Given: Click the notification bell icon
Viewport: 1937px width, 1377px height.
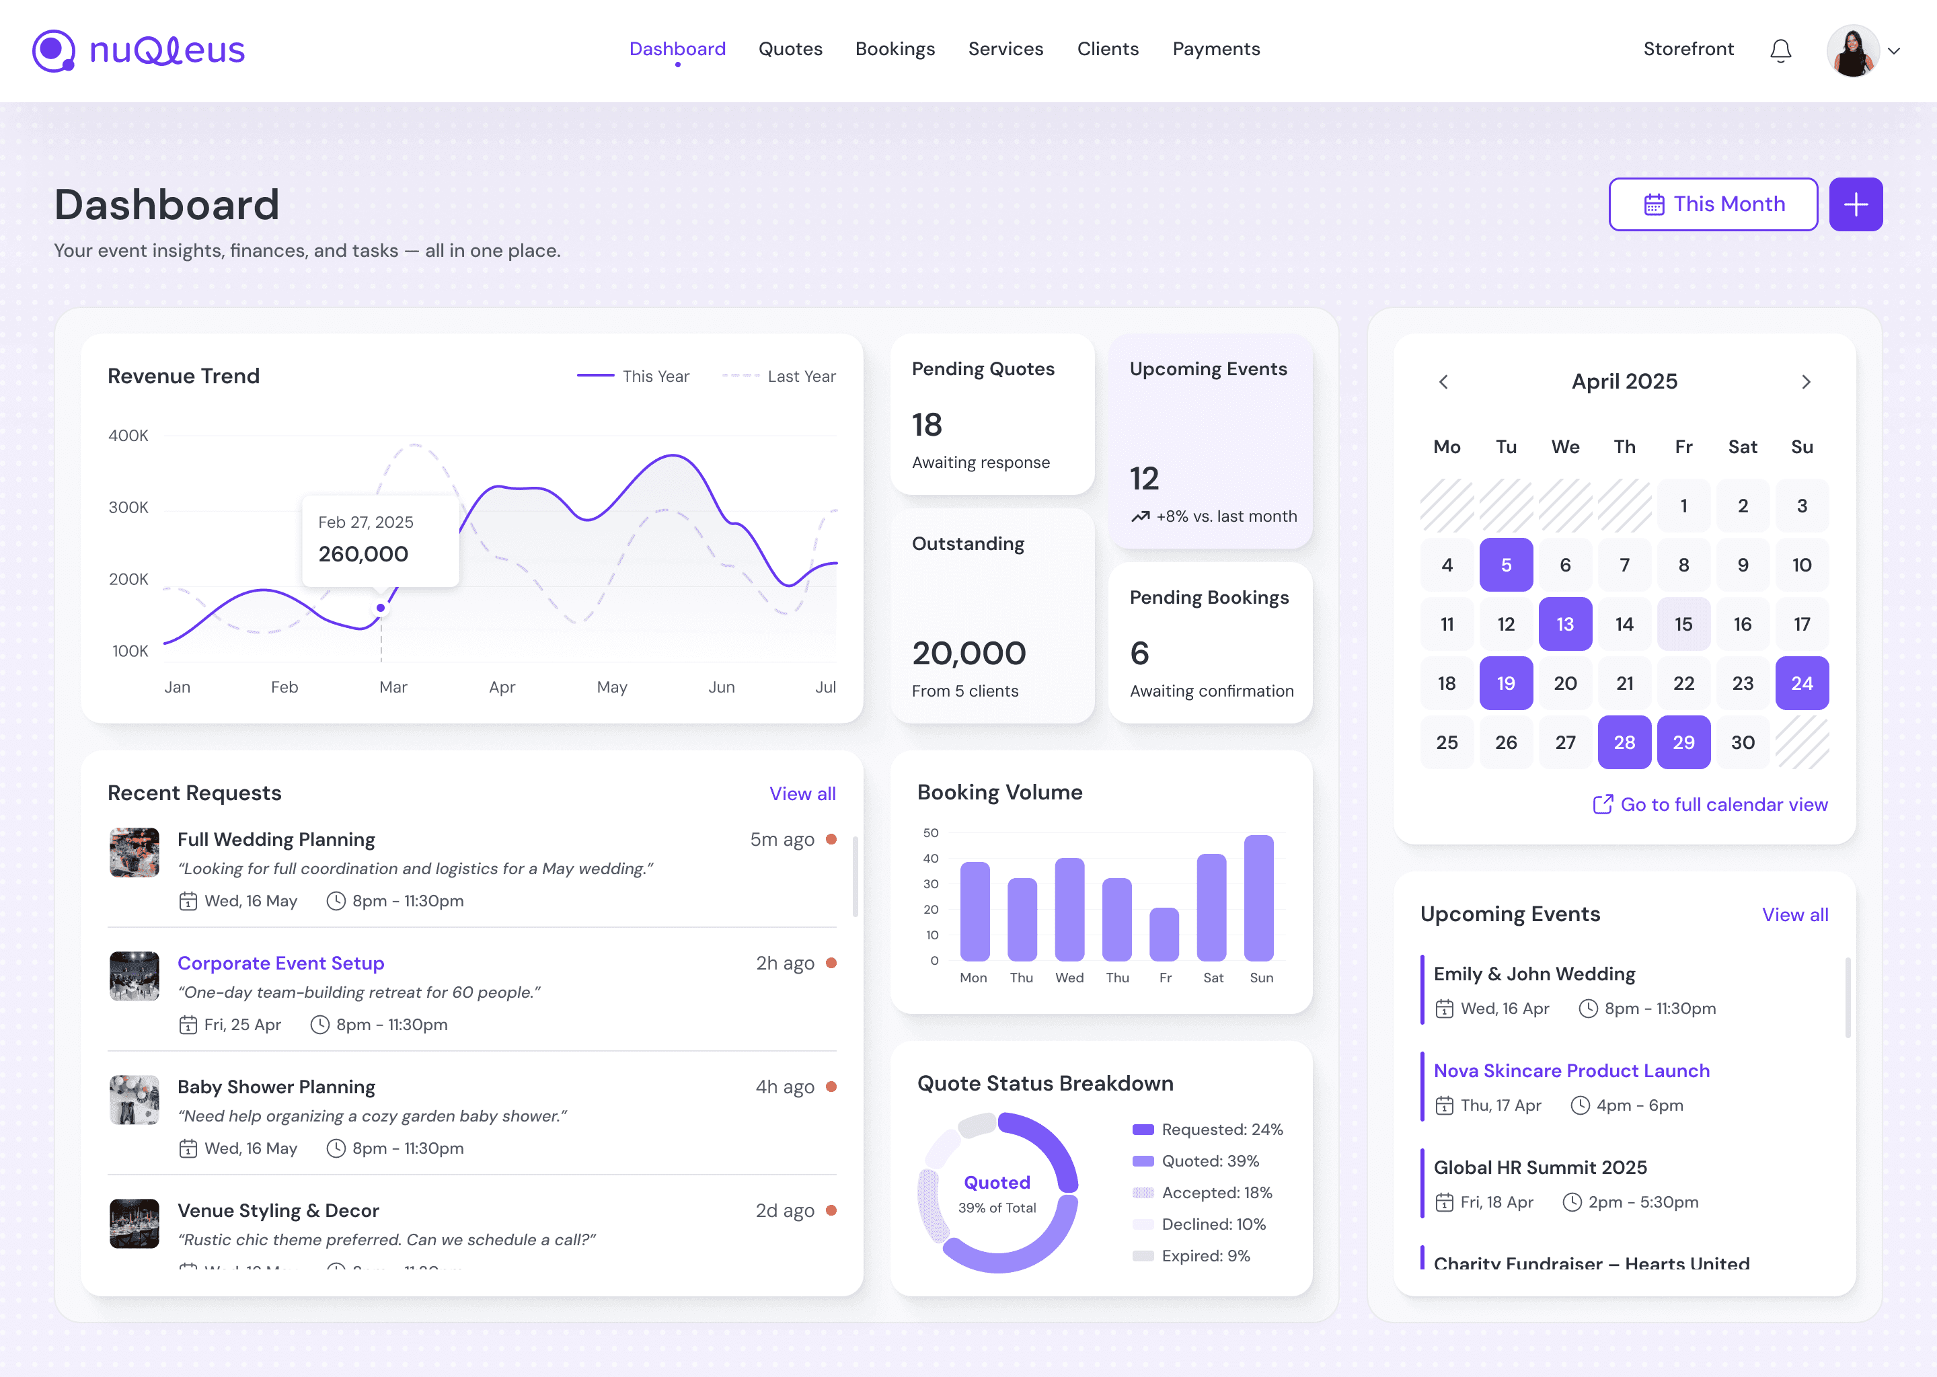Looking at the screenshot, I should pos(1780,51).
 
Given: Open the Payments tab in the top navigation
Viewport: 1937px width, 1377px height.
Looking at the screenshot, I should pos(1215,49).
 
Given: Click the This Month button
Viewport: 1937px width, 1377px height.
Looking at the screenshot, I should pos(1712,204).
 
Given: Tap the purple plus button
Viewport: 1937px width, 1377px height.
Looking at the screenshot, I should pos(1855,204).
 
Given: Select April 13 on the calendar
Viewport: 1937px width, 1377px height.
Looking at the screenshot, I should pos(1564,624).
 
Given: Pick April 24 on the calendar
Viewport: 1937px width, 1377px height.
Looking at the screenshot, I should pos(1801,683).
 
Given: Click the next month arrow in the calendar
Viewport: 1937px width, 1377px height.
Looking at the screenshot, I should pos(1806,383).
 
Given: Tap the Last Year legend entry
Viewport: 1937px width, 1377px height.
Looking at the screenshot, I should pos(779,377).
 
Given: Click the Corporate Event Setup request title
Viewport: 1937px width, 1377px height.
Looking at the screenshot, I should pos(280,963).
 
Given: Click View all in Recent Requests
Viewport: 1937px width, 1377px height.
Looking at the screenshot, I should pos(802,793).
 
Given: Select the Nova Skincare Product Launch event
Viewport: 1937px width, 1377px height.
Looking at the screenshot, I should pos(1570,1071).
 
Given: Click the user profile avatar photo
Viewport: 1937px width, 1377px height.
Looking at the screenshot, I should pos(1852,51).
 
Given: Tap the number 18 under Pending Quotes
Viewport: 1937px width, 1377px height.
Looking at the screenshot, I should pos(927,425).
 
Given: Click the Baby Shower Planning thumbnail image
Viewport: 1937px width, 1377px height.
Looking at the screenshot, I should pos(134,1100).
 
